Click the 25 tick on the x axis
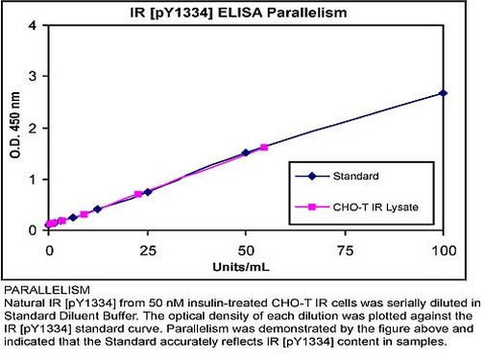tap(147, 251)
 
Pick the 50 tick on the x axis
tap(245, 251)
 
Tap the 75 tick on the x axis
tap(344, 251)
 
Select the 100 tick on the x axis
tap(442, 251)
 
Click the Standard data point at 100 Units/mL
tap(443, 93)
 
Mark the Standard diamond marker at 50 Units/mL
tap(246, 153)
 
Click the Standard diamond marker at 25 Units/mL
tap(147, 192)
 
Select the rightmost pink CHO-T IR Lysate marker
tap(264, 147)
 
